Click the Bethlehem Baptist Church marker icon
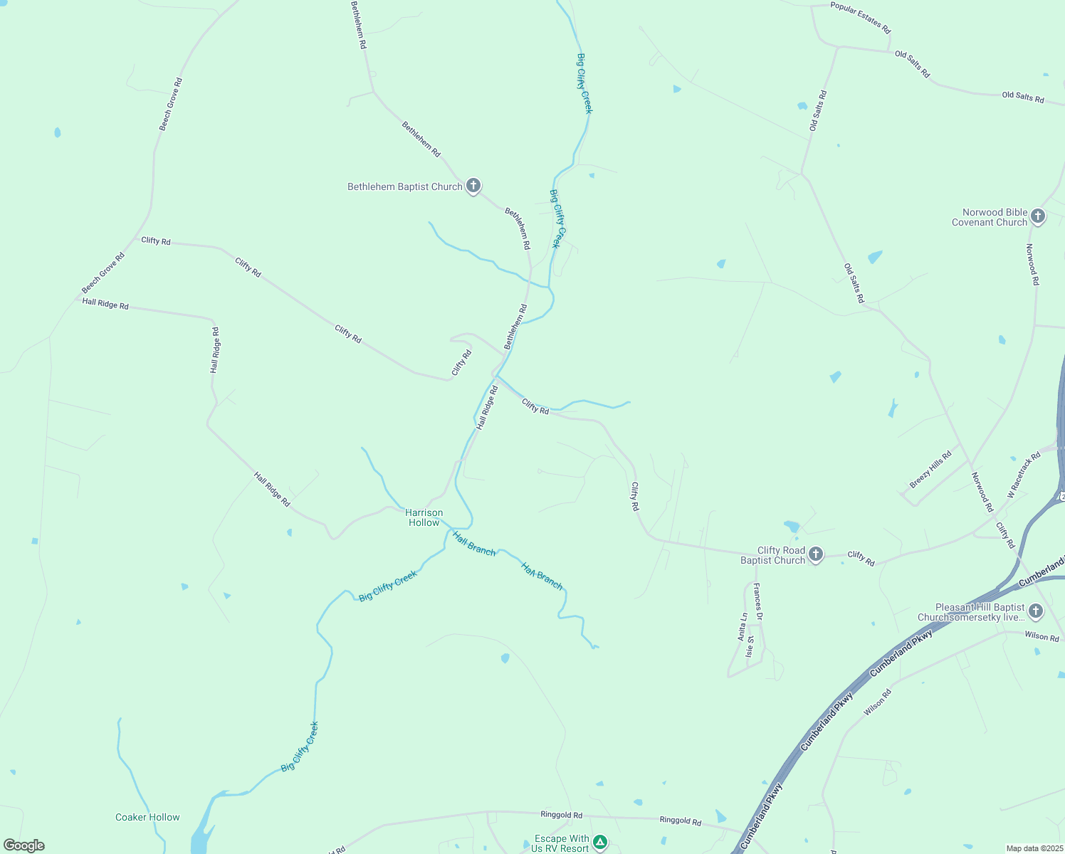coord(473,186)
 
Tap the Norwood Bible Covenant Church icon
coord(1038,216)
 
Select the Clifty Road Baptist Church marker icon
coord(816,554)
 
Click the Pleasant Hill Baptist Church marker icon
coord(1036,611)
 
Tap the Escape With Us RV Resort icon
coord(600,843)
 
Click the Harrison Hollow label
coord(424,517)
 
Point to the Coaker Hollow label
coord(147,817)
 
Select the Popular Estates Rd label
coord(860,18)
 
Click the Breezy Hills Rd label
coord(930,470)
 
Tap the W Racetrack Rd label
coord(1024,475)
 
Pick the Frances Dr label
coord(757,602)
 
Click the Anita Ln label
coord(743,627)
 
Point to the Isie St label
coord(750,647)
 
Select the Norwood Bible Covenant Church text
coord(990,217)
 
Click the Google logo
coord(23,845)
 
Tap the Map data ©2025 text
coord(1033,848)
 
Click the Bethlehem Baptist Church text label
coord(405,186)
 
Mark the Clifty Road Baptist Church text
coord(772,555)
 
